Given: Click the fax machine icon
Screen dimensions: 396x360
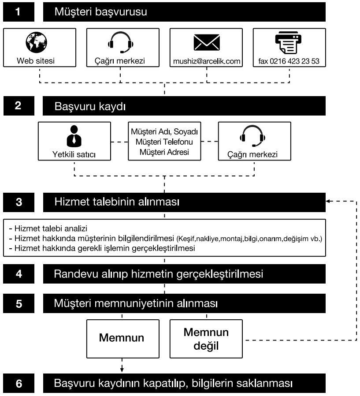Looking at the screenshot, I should (x=289, y=43).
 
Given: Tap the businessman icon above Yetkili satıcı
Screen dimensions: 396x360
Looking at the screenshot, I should (x=74, y=136).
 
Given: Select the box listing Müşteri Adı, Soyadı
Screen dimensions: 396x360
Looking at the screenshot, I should (x=164, y=142).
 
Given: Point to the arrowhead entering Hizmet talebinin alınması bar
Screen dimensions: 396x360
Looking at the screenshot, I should (x=328, y=202).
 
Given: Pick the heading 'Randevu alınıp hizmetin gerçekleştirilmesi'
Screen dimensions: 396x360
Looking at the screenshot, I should (x=159, y=274).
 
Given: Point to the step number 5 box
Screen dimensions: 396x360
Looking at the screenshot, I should (x=18, y=304).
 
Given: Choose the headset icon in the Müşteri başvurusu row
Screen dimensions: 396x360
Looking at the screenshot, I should (x=120, y=43).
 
